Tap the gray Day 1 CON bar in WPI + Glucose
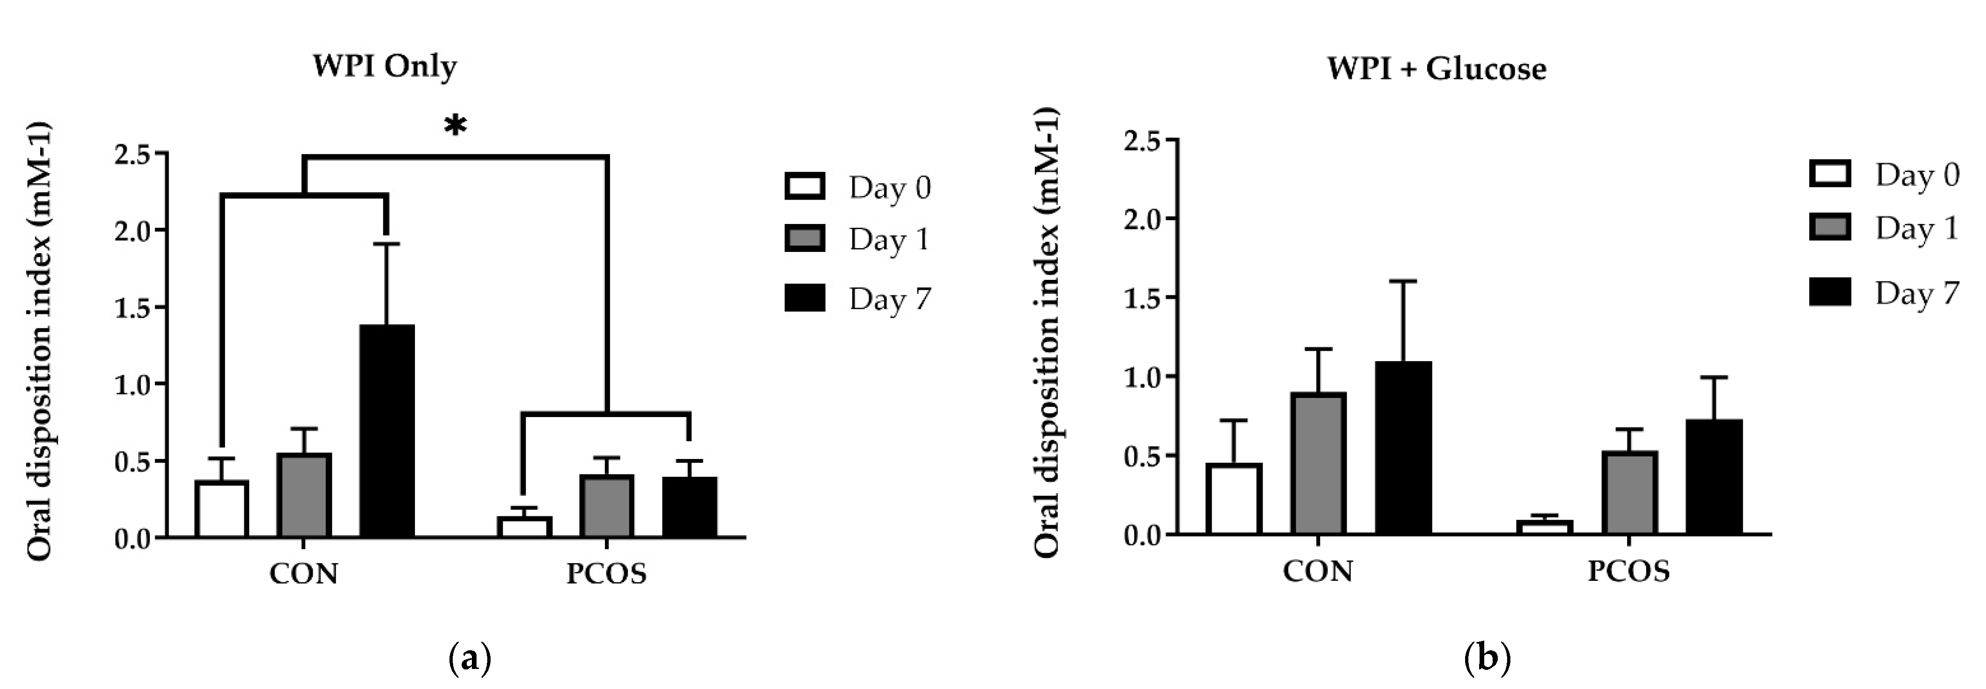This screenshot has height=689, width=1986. point(1319,462)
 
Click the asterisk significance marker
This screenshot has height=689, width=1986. point(456,125)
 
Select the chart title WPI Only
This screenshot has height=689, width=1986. point(384,66)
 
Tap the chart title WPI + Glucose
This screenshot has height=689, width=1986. point(1436,69)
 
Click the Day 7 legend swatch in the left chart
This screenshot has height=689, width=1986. point(804,298)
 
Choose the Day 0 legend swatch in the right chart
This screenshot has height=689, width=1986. point(1830,174)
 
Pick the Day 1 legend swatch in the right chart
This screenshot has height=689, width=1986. point(1830,228)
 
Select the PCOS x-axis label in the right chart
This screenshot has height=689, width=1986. point(1628,571)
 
